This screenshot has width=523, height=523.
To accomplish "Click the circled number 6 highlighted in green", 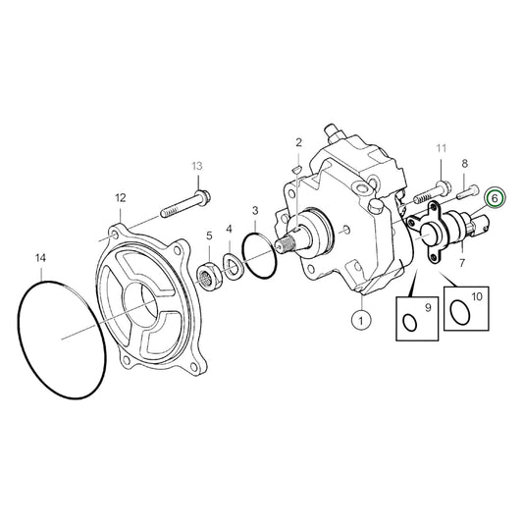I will coord(496,197).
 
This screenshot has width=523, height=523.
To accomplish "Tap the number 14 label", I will coord(40,258).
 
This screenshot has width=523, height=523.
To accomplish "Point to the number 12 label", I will coord(120,198).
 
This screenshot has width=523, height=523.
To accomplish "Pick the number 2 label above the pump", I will coord(298,143).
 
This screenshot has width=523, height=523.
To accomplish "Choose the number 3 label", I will coord(254,210).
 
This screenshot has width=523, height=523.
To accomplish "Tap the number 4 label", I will coord(230,230).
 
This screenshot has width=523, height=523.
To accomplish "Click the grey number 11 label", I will coord(441,148).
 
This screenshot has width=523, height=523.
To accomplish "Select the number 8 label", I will coord(464,164).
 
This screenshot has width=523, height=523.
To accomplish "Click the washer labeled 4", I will coord(234,264).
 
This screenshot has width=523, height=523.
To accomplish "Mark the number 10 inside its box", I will coord(477,295).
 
